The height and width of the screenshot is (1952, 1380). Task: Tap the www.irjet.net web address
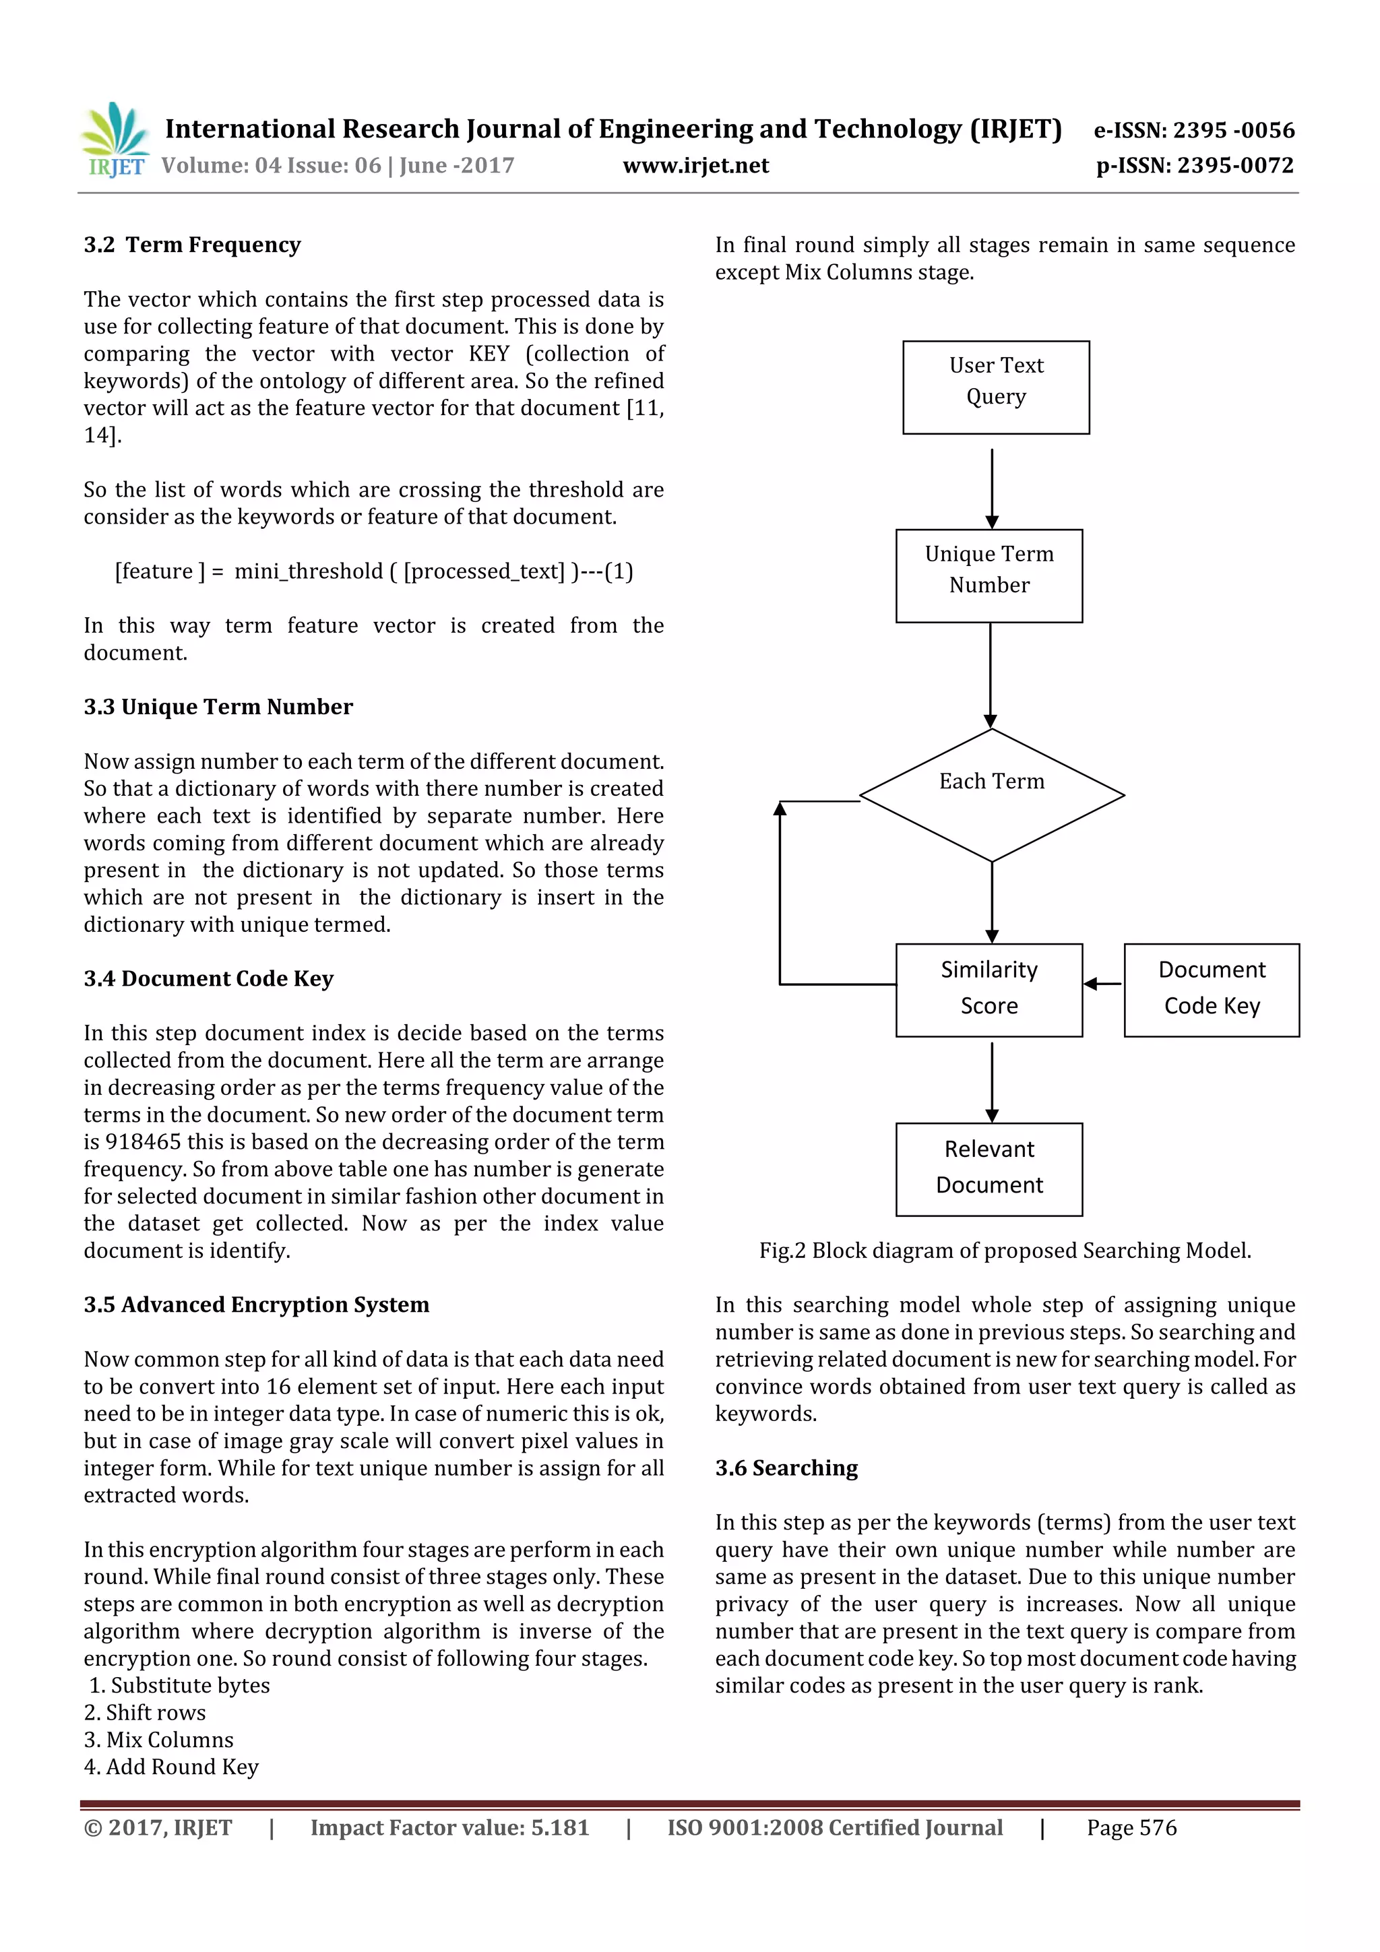pos(695,166)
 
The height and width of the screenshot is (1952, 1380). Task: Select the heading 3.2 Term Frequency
pos(192,245)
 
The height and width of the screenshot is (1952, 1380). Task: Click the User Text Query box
pos(996,387)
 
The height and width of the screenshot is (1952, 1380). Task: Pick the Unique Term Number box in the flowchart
pos(989,575)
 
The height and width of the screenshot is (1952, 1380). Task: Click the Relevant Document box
pos(989,1169)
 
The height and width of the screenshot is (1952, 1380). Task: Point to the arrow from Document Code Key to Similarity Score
pos(1103,984)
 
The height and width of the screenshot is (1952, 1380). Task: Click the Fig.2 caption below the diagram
pos(1005,1251)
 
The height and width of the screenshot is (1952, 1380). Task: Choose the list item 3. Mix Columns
pos(159,1740)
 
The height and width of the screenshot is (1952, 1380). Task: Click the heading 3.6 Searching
pos(786,1468)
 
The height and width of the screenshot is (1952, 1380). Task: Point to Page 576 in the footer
pos(1132,1828)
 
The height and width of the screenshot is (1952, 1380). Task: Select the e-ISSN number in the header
pos(1194,130)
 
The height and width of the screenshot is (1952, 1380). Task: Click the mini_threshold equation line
pos(374,571)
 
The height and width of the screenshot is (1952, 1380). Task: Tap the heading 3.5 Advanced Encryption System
pos(257,1305)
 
